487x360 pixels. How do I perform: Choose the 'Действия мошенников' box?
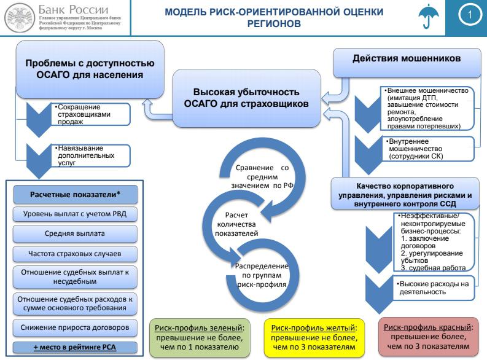click(x=406, y=61)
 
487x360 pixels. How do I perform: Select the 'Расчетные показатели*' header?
click(x=76, y=195)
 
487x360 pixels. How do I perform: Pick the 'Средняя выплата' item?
click(x=76, y=233)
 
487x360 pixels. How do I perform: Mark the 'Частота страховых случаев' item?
click(x=76, y=253)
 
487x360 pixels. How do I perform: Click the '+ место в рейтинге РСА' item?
click(x=76, y=347)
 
